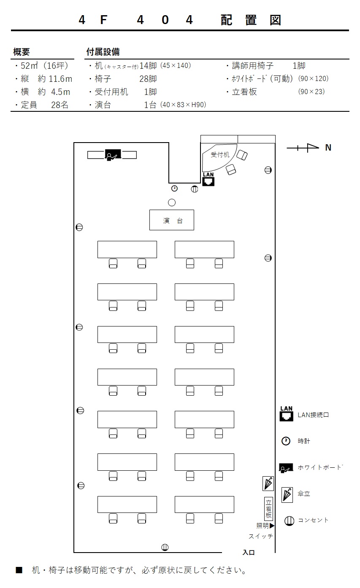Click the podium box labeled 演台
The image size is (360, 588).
[x=171, y=220]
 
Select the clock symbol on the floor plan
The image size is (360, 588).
[x=174, y=188]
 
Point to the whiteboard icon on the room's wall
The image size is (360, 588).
[x=113, y=155]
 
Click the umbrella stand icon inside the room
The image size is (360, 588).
[x=268, y=483]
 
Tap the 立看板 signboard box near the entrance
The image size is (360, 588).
[x=268, y=509]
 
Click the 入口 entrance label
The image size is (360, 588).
[x=249, y=552]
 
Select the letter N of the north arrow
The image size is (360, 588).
[x=328, y=148]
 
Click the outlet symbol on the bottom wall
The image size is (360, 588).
[x=165, y=547]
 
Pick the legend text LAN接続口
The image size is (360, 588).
[x=313, y=415]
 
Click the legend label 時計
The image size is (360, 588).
[x=304, y=441]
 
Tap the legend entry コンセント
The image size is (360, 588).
[x=313, y=520]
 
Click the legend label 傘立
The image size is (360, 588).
[x=304, y=494]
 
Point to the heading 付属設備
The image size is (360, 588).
[x=103, y=52]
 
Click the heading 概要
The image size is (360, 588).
[x=22, y=52]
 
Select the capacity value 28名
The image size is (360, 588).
[x=60, y=105]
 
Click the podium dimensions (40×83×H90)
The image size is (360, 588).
[x=183, y=105]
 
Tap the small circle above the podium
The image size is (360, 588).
[x=172, y=202]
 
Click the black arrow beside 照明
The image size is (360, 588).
[x=272, y=526]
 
